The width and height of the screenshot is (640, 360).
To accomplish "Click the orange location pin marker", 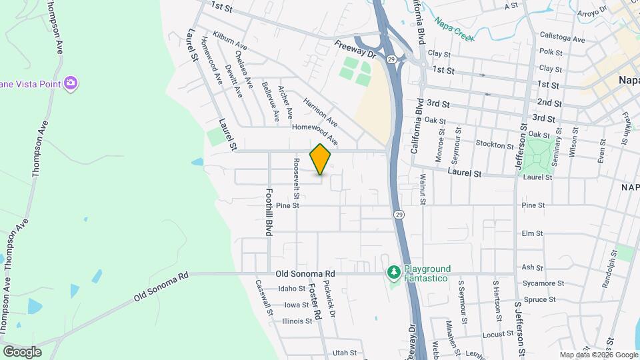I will tap(321, 159).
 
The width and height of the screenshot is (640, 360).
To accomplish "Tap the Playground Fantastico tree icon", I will tap(394, 273).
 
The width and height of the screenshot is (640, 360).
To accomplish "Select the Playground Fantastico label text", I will tap(427, 273).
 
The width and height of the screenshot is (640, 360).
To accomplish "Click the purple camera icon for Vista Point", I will tap(71, 83).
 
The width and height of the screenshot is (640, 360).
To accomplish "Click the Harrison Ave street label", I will tap(320, 113).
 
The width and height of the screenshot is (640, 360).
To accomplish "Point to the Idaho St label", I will tap(291, 289).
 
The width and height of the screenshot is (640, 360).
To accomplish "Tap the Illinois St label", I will tap(297, 321).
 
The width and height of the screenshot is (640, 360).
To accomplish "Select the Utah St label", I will tap(345, 353).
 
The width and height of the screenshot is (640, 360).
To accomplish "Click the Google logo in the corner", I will tap(22, 351).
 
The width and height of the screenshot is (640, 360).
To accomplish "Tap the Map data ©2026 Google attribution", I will tap(598, 355).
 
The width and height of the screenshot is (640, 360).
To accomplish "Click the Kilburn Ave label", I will tap(230, 40).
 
